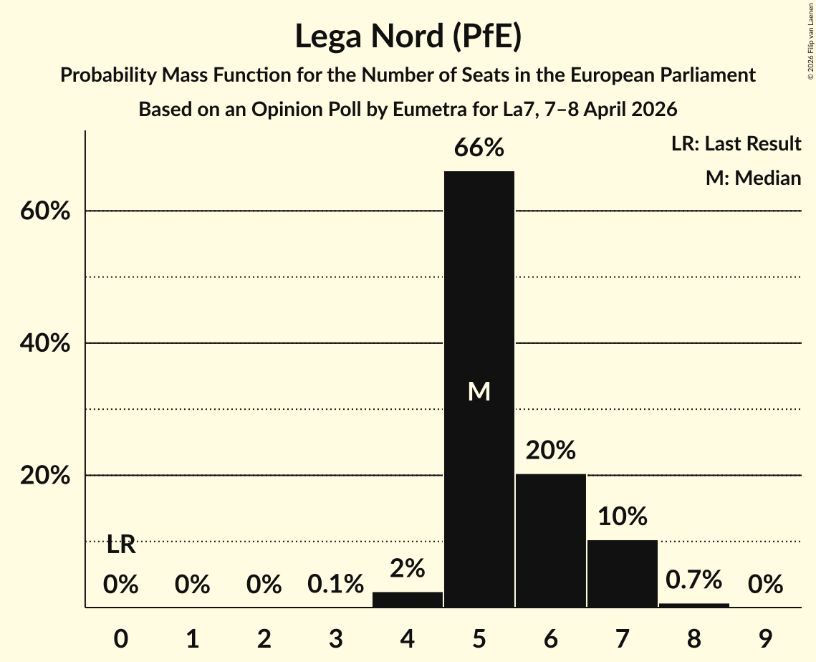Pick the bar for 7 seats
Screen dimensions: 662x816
point(623,573)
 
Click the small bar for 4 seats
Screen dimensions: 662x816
point(408,600)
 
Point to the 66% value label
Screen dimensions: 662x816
point(479,148)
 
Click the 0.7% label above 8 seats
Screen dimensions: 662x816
point(694,580)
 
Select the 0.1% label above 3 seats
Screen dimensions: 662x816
point(336,585)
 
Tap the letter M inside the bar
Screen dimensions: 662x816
point(479,391)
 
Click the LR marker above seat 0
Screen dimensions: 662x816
point(121,545)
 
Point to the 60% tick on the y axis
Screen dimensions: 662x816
point(45,212)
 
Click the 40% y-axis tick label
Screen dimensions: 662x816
point(45,344)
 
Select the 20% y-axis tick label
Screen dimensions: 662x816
point(45,476)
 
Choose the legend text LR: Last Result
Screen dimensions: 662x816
point(736,144)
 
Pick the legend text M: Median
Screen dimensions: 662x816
point(753,178)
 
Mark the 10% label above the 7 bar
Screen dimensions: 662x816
point(623,517)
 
